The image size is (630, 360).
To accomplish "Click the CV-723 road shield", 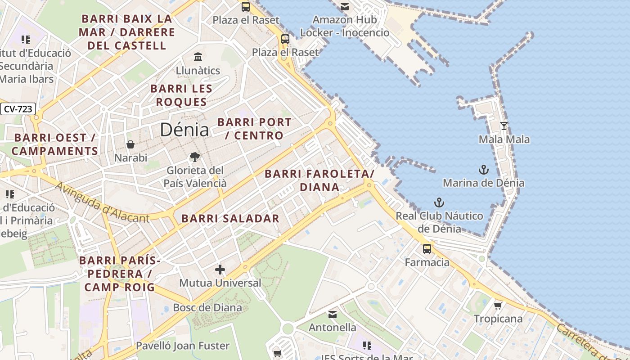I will [x=18, y=109].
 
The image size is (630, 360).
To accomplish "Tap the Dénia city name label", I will [x=184, y=130].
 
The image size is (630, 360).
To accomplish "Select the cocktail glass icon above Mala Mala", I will [x=504, y=126].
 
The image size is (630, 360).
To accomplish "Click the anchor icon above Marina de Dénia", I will [x=483, y=170].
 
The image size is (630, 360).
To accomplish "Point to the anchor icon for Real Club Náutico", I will [x=439, y=202].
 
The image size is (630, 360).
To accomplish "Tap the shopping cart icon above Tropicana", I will [x=498, y=306].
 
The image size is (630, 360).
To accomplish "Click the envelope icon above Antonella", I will [x=333, y=315].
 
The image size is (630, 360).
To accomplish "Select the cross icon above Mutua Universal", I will [x=220, y=270].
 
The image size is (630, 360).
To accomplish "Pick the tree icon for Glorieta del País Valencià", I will [x=195, y=157].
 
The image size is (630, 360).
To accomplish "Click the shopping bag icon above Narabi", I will [x=130, y=144].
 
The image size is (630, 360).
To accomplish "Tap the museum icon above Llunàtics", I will [x=198, y=57].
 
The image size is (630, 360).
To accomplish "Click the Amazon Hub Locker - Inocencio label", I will [x=345, y=26].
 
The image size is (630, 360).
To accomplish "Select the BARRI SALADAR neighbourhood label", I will [x=230, y=219].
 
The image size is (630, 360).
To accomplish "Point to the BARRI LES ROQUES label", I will [x=181, y=95].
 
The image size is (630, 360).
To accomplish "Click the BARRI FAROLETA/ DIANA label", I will [x=319, y=180].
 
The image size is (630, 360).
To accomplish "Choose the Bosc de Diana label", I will [x=207, y=308].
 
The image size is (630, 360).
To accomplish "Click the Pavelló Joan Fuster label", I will [x=183, y=346].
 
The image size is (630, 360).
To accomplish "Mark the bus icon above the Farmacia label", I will [x=427, y=249].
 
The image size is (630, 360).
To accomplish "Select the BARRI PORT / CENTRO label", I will [x=254, y=129].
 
